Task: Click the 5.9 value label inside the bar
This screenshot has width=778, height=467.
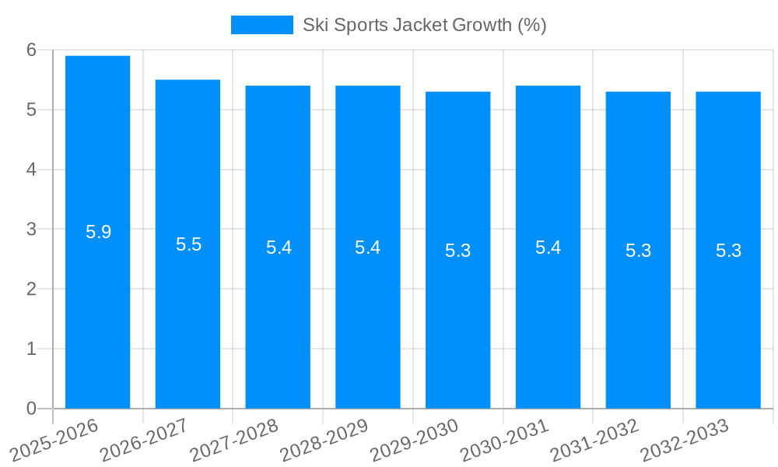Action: [98, 232]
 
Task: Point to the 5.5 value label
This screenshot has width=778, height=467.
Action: [188, 244]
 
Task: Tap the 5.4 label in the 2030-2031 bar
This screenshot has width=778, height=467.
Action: [548, 248]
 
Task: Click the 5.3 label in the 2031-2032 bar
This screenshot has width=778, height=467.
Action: [638, 251]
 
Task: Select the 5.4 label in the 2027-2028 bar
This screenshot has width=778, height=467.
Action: [279, 248]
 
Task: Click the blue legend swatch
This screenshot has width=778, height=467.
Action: [261, 25]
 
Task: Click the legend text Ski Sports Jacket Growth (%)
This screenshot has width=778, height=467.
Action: [424, 25]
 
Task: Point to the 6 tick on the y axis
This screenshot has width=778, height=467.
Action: [31, 50]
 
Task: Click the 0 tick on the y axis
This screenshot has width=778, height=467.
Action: [31, 409]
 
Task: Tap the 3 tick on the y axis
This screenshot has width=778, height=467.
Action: [31, 230]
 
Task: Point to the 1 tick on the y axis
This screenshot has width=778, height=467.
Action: [31, 349]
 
